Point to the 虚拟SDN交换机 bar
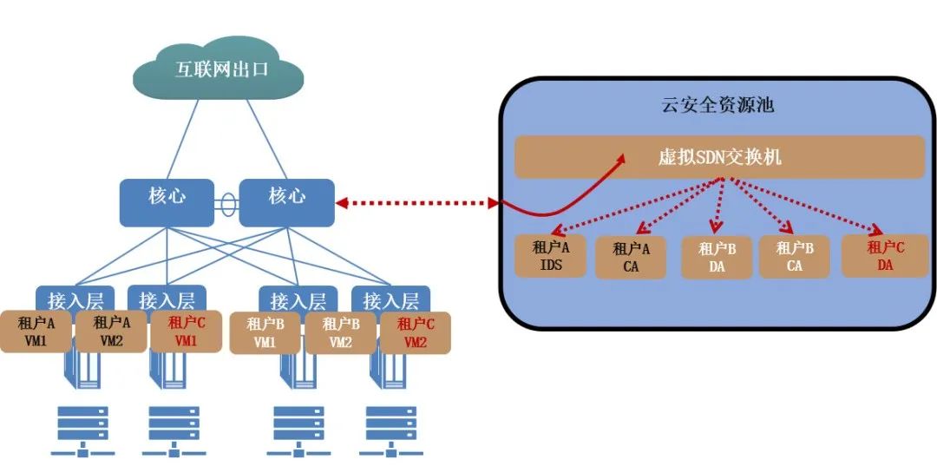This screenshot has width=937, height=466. (719, 157)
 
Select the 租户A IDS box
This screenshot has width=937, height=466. (551, 255)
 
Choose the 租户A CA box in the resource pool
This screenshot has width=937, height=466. (631, 258)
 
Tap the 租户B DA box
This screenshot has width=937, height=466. (717, 258)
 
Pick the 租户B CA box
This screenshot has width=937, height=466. (794, 257)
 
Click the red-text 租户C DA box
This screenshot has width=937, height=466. (884, 256)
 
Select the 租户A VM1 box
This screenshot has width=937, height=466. (37, 331)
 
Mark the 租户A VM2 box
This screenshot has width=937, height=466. (111, 331)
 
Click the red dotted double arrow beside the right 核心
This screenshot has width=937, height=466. (417, 203)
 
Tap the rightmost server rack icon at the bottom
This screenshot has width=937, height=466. (395, 430)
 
